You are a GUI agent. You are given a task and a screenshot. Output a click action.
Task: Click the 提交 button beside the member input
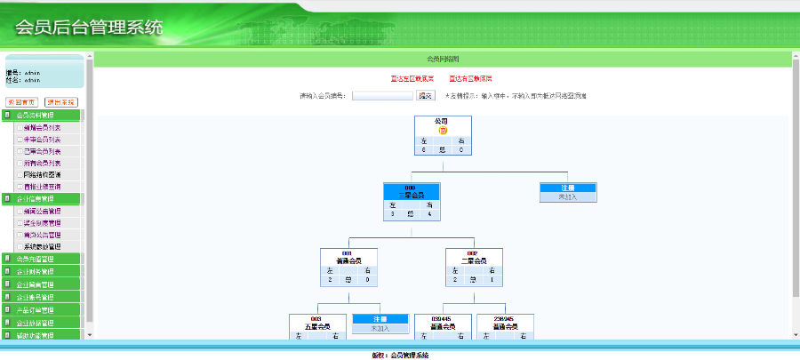pos(425,96)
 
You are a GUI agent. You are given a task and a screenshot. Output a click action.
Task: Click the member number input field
pos(381,96)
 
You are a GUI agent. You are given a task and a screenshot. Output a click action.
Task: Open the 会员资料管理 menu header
pos(36,116)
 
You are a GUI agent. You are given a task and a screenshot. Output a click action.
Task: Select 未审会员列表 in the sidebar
pos(42,140)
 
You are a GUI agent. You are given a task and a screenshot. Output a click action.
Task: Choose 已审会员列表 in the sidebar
pos(42,151)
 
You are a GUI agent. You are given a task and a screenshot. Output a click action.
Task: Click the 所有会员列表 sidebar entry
pos(42,163)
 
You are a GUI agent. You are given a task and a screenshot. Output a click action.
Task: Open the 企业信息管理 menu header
pos(36,199)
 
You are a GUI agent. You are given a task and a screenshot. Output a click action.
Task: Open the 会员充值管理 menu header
pos(36,260)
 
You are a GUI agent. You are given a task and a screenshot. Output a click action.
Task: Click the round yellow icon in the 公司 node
pos(442,130)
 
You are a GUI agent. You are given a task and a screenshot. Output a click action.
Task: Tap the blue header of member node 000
pos(410,192)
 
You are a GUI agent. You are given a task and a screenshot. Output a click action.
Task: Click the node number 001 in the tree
pos(348,253)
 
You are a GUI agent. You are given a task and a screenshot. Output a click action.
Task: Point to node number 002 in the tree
pos(472,253)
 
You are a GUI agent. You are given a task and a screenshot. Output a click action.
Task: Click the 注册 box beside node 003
pos(380,318)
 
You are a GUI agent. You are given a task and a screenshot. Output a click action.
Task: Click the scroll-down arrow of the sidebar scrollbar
pos(88,334)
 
